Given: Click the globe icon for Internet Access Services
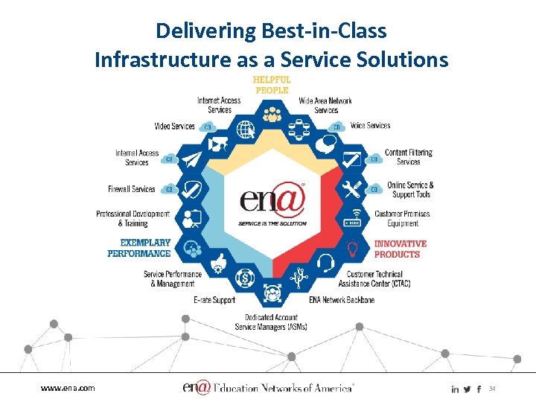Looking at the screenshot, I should [245, 129].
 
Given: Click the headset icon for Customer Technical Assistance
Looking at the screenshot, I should [325, 263].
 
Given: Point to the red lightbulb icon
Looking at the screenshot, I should [352, 248].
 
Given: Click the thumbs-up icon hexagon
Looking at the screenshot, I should [219, 263].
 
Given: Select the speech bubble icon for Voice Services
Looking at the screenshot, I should [325, 144].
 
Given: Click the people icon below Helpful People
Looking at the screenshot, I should [272, 115].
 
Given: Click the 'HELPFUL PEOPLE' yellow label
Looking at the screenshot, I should [272, 84].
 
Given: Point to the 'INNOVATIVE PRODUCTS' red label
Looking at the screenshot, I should [400, 249].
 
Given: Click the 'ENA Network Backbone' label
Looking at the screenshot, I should [342, 300].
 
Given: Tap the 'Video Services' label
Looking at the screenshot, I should [174, 127].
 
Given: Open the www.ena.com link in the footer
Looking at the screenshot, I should [68, 388].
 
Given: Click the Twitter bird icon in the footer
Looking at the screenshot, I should [467, 389].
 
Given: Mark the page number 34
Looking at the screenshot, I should [491, 388].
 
